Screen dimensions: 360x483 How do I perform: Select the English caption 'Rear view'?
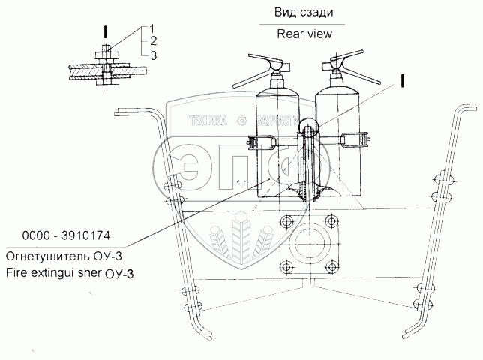pyautogui.click(x=304, y=33)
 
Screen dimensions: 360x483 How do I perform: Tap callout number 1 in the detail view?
pyautogui.click(x=152, y=28)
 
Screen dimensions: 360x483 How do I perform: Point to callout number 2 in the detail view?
pyautogui.click(x=152, y=40)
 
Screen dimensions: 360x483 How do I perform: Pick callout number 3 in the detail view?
pyautogui.click(x=152, y=55)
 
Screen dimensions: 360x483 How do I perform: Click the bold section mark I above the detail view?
pyautogui.click(x=106, y=32)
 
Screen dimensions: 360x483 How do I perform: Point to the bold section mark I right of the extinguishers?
pyautogui.click(x=404, y=80)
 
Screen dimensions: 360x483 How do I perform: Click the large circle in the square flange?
pyautogui.click(x=307, y=247)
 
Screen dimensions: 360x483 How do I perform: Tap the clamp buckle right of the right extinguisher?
pyautogui.click(x=355, y=139)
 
